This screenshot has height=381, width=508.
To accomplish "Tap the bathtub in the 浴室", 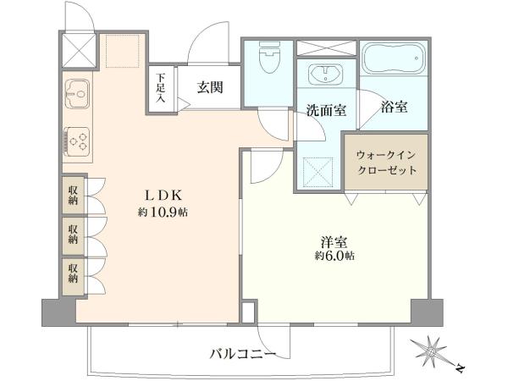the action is tap(394, 58).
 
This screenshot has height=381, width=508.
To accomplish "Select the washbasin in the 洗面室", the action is tap(326, 75).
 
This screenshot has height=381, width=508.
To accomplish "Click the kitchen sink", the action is tap(77, 94).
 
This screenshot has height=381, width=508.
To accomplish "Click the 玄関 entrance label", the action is tap(210, 87).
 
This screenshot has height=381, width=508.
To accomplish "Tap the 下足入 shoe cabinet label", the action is tap(161, 88).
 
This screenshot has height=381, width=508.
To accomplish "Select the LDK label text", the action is tap(163, 196).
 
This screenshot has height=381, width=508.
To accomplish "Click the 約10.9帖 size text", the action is tap(163, 213).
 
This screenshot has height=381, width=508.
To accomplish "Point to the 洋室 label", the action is tap(334, 242).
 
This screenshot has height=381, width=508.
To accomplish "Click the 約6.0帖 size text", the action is tap(334, 256).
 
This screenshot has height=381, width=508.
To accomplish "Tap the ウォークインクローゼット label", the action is tap(386, 163).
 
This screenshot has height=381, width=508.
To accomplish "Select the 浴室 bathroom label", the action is tap(394, 107).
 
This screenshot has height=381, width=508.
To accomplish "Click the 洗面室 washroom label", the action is tap(326, 110).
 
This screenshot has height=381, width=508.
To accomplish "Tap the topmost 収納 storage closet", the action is tap(74, 195).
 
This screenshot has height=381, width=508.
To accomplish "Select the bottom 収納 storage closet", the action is tap(74, 275).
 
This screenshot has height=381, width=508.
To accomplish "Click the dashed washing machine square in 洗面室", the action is tap(317, 173).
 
